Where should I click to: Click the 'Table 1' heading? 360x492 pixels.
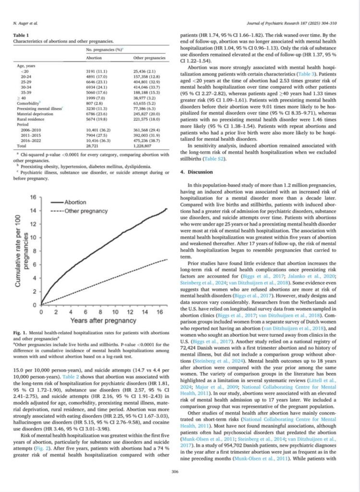(x=22, y=36)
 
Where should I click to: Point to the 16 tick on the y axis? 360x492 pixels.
(x=34, y=197)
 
